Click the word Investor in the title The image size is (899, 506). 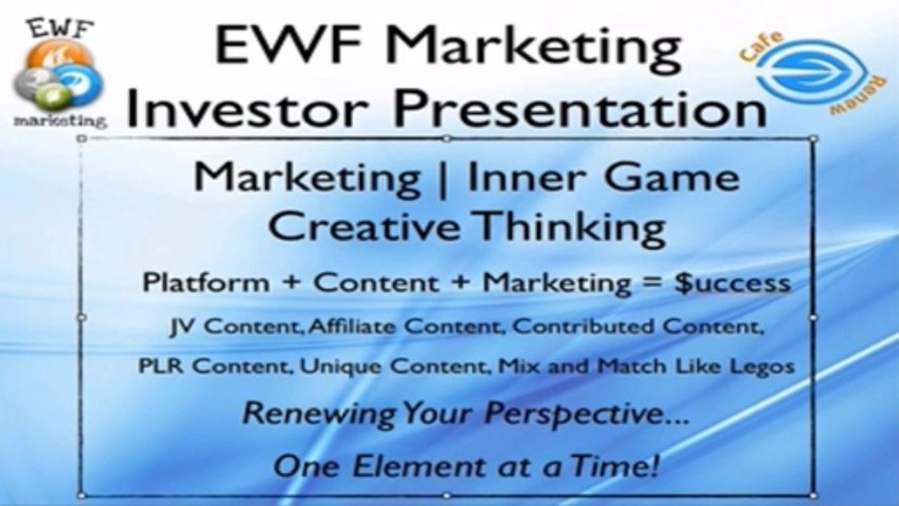click(248, 108)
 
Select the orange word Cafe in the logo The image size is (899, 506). click(761, 46)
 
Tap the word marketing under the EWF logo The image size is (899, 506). click(60, 120)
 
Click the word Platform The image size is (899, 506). click(205, 283)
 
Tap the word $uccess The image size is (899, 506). click(732, 283)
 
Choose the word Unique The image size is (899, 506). click(340, 367)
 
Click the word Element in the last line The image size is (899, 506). click(419, 467)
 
